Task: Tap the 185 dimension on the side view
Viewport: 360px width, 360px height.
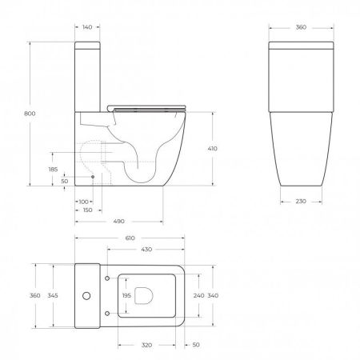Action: [x=53, y=170]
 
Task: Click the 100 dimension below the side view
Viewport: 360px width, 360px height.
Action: [x=83, y=201]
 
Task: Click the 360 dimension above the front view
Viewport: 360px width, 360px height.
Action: [x=301, y=26]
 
